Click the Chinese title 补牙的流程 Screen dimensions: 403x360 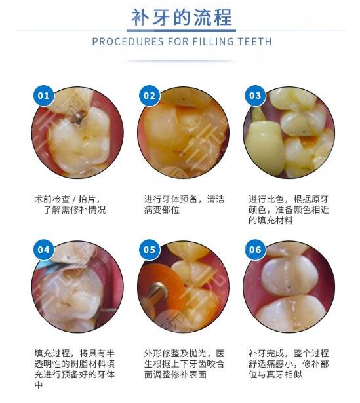tap(180, 16)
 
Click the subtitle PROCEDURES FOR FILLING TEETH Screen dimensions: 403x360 tap(181, 42)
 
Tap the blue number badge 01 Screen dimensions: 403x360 tap(43, 96)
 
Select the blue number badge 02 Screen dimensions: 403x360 tap(149, 96)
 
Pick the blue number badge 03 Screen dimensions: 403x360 tap(254, 96)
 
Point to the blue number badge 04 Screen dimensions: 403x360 tap(43, 250)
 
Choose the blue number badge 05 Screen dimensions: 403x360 tap(149, 250)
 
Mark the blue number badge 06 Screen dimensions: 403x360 tap(254, 250)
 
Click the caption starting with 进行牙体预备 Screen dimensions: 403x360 tap(178, 204)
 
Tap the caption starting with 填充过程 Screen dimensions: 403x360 tap(73, 368)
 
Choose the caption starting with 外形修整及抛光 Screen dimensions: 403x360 tap(179, 362)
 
